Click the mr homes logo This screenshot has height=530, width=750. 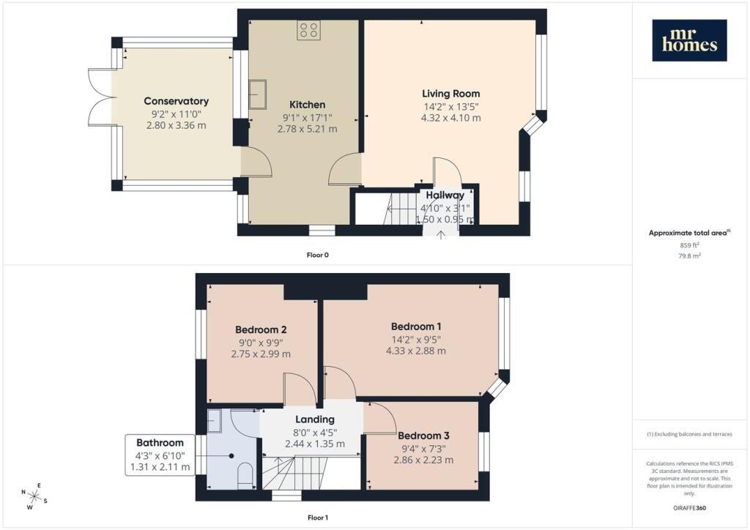coord(689,40)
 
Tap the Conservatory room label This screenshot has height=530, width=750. coord(176,101)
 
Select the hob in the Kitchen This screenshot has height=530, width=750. coord(308,30)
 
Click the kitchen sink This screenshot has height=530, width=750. coord(257,94)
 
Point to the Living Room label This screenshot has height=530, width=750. coord(450,94)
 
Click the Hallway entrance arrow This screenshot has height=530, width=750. coord(440,234)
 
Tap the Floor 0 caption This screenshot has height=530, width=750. coord(318,255)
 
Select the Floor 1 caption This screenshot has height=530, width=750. coord(318,518)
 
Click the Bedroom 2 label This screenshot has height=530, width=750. coord(261,329)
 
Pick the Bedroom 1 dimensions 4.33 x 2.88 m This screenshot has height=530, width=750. coord(416,351)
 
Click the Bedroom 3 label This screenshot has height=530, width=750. coord(423,436)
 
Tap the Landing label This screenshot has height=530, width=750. coord(315,419)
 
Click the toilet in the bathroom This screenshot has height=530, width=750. coord(245,475)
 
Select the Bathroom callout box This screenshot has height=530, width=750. coord(160,455)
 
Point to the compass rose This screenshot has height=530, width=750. coord(34,496)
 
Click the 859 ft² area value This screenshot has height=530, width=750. coord(689,245)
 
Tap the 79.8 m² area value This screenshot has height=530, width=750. coord(689,255)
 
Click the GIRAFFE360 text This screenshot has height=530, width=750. coord(689,508)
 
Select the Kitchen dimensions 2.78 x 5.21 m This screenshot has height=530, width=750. coord(307,129)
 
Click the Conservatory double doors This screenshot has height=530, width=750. coord(100,97)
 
